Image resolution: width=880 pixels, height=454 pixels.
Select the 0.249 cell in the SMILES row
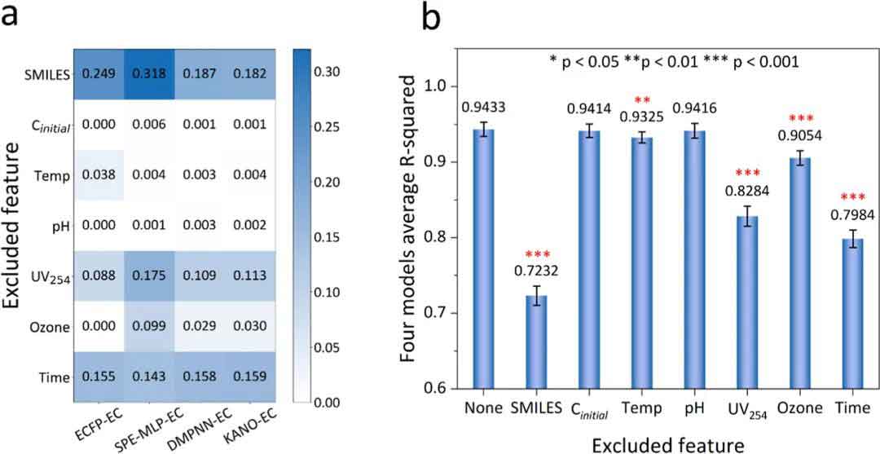tap(100, 74)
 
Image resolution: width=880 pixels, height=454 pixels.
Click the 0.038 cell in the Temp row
tap(100, 174)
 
